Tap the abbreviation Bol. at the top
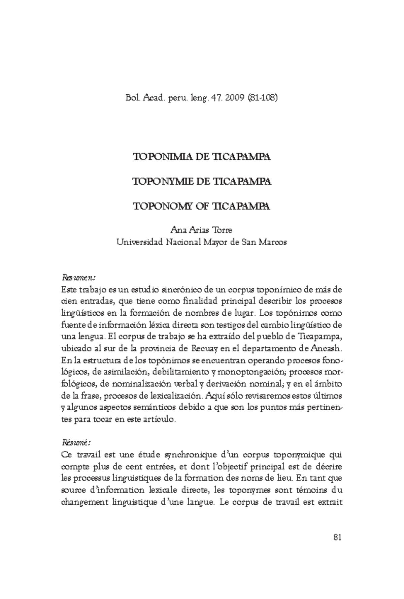(133, 98)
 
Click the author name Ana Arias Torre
(202, 230)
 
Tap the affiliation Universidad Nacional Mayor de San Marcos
(202, 242)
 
